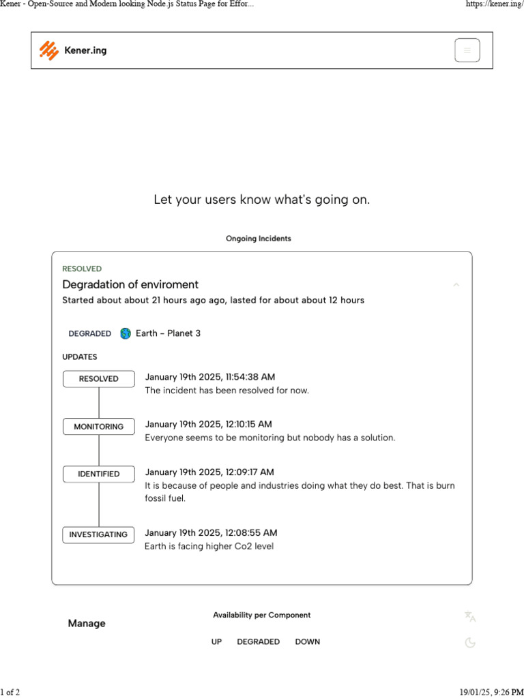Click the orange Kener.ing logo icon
pos(49,50)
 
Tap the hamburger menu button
pos(467,50)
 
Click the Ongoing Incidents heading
pos(259,239)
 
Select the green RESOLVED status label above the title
pos(82,269)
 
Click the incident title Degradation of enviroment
pos(130,284)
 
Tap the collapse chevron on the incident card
pos(456,285)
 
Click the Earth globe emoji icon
pos(126,333)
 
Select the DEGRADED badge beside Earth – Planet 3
pos(90,334)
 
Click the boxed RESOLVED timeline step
pos(99,379)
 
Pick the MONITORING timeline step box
pos(99,427)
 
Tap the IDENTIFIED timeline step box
pos(99,474)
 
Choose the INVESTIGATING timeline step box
pos(99,535)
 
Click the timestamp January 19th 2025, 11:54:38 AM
pos(210,377)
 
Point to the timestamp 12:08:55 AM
pos(211,533)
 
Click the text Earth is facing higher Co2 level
pos(209,547)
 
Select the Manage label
pos(87,624)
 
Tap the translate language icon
pos(470,616)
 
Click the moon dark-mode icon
pos(470,642)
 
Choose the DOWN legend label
pos(307,642)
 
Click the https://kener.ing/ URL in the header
pos(494,4)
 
